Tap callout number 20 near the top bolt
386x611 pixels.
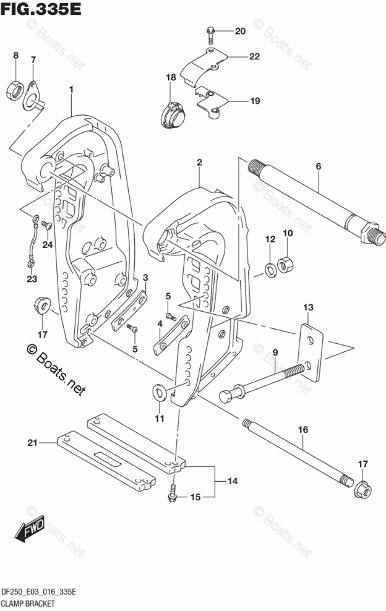point(240,31)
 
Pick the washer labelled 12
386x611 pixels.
point(270,268)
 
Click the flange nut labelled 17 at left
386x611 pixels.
point(42,306)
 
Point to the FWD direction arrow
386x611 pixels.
point(28,530)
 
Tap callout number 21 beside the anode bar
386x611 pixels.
point(32,442)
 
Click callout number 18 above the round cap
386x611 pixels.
point(171,77)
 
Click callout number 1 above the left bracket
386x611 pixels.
point(72,90)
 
